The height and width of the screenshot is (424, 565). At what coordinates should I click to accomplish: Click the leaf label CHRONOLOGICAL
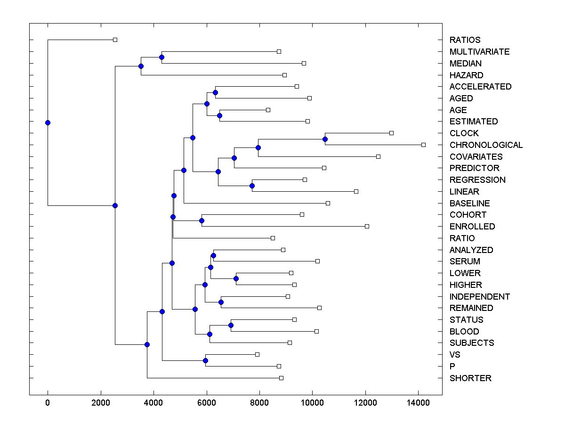pyautogui.click(x=486, y=145)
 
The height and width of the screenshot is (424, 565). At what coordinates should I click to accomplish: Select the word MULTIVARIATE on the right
pyautogui.click(x=479, y=52)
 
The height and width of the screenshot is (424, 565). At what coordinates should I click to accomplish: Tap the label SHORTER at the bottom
pyautogui.click(x=470, y=378)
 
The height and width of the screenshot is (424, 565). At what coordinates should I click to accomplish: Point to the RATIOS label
pyautogui.click(x=465, y=40)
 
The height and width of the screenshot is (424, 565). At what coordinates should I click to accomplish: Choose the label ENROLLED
pyautogui.click(x=472, y=227)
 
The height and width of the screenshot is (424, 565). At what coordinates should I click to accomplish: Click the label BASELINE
pyautogui.click(x=469, y=204)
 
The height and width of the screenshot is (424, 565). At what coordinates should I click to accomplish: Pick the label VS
pyautogui.click(x=455, y=355)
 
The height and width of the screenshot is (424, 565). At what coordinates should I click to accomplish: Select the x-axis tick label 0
pyautogui.click(x=48, y=403)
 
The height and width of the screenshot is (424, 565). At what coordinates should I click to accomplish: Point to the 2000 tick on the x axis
pyautogui.click(x=100, y=403)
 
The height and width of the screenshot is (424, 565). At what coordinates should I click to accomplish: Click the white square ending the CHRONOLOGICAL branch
pyautogui.click(x=423, y=145)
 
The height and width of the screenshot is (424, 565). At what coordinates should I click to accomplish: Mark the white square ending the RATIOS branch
pyautogui.click(x=115, y=40)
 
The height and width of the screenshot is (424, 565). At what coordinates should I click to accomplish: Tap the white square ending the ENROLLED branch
pyautogui.click(x=367, y=227)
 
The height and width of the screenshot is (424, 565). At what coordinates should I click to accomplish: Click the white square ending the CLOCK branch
pyautogui.click(x=391, y=133)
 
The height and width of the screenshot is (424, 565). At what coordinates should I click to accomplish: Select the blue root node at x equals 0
pyautogui.click(x=48, y=122)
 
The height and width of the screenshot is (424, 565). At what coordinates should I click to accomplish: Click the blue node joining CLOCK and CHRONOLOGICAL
pyautogui.click(x=325, y=139)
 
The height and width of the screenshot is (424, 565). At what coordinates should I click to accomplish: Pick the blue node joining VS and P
pyautogui.click(x=205, y=360)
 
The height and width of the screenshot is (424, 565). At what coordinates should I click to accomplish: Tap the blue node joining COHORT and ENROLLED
pyautogui.click(x=202, y=220)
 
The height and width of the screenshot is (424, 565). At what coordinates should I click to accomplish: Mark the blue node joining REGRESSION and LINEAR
pyautogui.click(x=252, y=186)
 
